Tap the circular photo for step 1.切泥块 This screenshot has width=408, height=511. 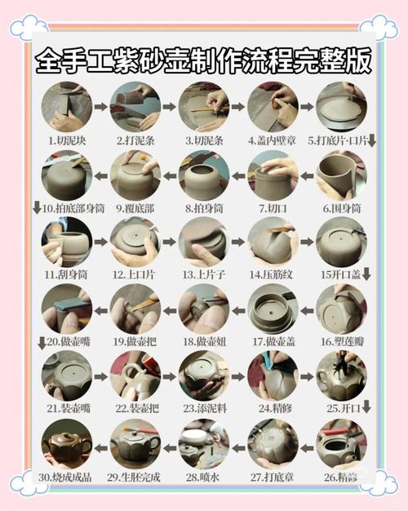[66, 106]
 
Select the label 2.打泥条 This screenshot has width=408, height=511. [135, 140]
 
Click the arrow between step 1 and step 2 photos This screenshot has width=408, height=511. [100, 106]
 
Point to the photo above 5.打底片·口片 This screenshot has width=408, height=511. [341, 106]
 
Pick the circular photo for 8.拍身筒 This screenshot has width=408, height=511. [203, 175]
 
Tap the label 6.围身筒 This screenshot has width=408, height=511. [341, 208]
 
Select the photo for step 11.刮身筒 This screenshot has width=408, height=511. [66, 242]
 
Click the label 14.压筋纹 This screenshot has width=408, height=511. [272, 276]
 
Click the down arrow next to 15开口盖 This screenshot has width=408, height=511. [367, 276]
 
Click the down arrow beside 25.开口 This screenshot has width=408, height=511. [367, 407]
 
